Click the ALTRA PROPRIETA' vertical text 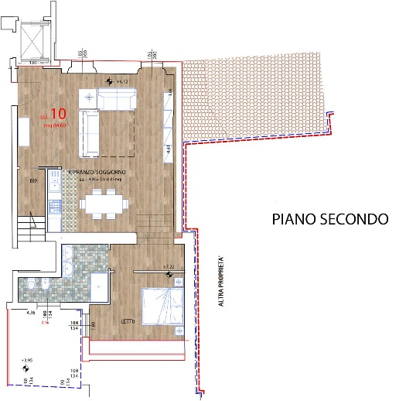(x=221, y=283)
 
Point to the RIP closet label (x=33, y=181)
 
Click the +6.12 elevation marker (x=118, y=81)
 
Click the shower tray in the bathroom (x=101, y=286)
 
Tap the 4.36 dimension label (x=32, y=313)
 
